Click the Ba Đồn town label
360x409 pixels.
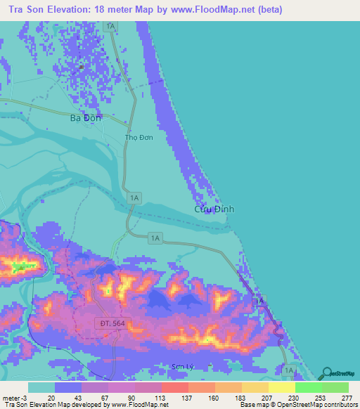point(86,118)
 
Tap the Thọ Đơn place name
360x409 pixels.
point(138,138)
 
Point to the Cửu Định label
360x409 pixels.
point(214,209)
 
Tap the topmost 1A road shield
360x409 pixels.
point(110,25)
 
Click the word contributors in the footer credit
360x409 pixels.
point(340,404)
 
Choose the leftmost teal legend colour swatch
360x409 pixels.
point(41,387)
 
